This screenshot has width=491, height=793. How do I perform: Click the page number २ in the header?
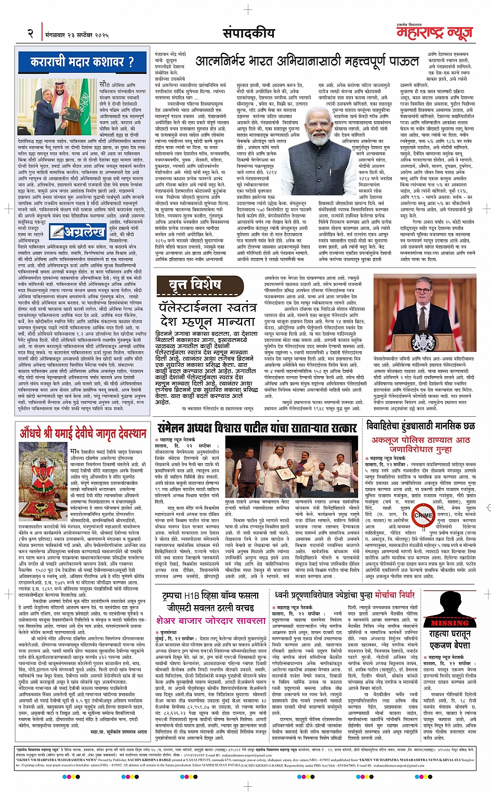click(x=30, y=34)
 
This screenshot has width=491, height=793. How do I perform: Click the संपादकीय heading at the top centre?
click(x=248, y=33)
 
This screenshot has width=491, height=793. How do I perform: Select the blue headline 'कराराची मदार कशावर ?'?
click(x=82, y=62)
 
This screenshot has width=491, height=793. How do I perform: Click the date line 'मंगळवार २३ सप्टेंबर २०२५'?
click(x=77, y=35)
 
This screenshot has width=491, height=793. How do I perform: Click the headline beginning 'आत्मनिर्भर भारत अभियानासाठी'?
click(x=307, y=61)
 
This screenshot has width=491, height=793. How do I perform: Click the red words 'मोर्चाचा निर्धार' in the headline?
click(x=389, y=594)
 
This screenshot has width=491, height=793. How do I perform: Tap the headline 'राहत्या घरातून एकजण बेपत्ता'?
click(x=450, y=639)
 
